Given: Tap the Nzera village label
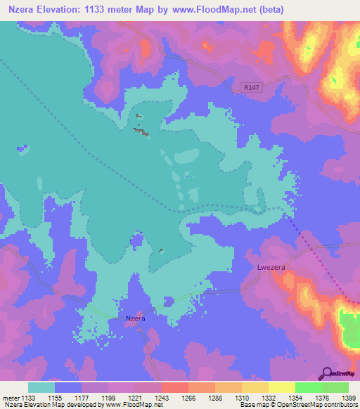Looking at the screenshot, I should click(x=135, y=318).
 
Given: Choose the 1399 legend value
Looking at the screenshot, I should click(x=348, y=398).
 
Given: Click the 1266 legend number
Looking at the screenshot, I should click(x=174, y=398).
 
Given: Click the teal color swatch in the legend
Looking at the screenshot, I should click(x=41, y=387).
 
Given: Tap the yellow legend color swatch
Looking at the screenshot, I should click(x=281, y=387).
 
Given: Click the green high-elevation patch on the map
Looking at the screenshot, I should click(x=349, y=325).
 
